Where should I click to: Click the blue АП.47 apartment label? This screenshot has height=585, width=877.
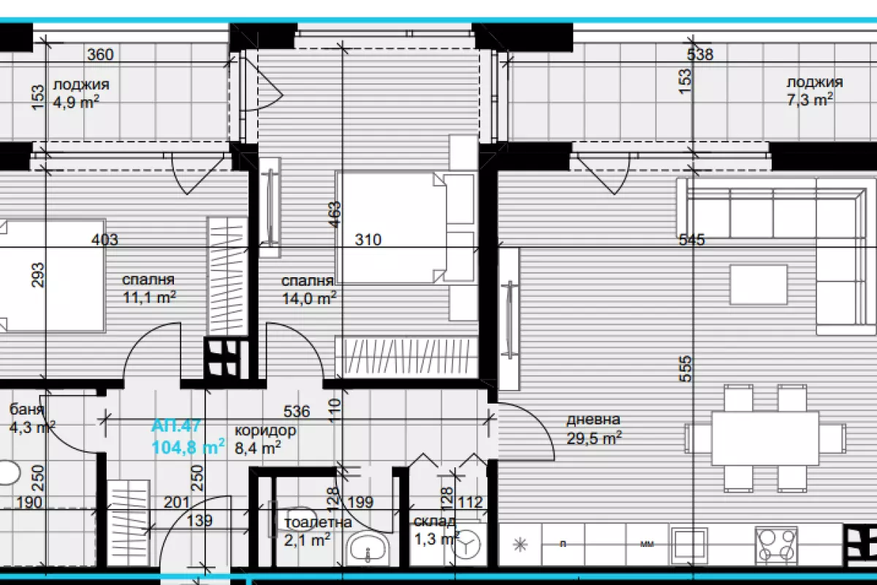[x=176, y=426]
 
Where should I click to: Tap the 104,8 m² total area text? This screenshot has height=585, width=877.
[x=188, y=447]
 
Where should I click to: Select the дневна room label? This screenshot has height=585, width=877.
[x=593, y=420]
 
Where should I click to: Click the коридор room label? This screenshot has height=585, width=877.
[x=265, y=431]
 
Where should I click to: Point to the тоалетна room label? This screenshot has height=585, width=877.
[x=318, y=522]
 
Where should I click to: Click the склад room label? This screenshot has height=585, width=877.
[x=434, y=521]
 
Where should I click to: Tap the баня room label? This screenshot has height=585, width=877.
[x=26, y=409]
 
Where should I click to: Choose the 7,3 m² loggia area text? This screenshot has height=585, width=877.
[x=809, y=99]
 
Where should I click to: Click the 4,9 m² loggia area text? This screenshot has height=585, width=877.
[x=75, y=102]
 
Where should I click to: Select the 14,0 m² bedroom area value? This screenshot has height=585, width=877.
[x=309, y=298]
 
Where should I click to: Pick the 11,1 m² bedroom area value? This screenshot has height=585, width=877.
[x=149, y=297]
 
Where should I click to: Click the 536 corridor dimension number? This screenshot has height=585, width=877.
[x=297, y=411]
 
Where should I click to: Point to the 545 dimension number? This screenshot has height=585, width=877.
[x=692, y=239]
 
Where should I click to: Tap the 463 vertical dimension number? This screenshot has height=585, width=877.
[x=335, y=214]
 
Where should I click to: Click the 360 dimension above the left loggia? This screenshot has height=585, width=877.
[x=100, y=54]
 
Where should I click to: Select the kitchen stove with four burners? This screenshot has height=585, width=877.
[x=776, y=546]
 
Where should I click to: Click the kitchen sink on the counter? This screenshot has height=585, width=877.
[x=689, y=546]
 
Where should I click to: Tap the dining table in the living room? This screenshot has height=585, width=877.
[x=765, y=438]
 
